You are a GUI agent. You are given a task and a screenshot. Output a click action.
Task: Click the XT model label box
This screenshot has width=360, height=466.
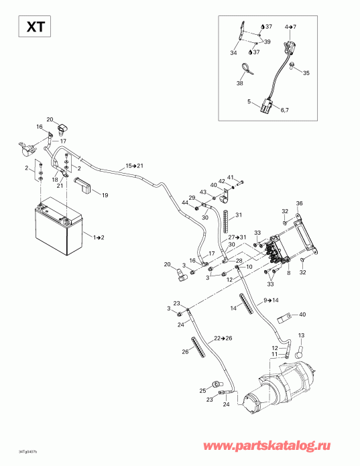tap(32, 27)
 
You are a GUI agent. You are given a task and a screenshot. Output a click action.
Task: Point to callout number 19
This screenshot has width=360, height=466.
tap(105, 195)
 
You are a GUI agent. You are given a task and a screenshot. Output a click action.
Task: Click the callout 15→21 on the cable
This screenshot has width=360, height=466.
tap(135, 165)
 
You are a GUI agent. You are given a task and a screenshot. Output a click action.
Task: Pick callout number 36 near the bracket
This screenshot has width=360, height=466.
tap(300, 204)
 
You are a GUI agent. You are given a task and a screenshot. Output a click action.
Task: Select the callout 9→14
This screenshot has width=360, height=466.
tap(272, 300)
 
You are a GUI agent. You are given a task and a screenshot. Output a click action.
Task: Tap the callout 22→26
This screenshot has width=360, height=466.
tap(223, 337)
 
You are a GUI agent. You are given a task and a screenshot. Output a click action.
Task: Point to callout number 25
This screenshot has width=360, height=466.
tap(202, 390)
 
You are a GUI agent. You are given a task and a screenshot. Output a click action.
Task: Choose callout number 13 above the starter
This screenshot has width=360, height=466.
tap(301, 335)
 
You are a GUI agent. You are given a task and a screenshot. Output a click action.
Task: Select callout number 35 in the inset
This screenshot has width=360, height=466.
tap(306, 73)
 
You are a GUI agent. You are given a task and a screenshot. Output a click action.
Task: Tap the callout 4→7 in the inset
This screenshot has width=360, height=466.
tap(290, 26)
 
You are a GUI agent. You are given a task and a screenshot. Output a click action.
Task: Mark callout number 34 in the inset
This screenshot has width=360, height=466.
tap(233, 53)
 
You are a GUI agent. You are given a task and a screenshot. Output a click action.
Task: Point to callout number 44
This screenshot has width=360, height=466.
tap(184, 203)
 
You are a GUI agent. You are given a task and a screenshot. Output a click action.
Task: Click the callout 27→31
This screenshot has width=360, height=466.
tap(237, 237)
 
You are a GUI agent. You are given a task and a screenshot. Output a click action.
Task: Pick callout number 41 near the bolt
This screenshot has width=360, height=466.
tap(230, 178)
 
